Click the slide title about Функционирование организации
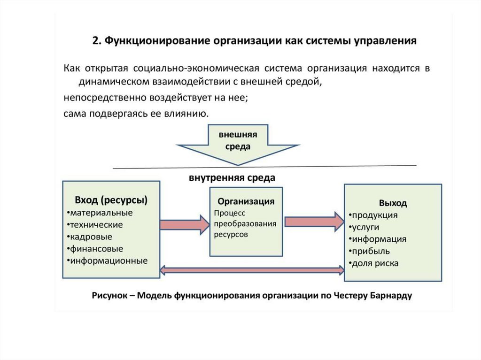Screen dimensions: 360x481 coord(254,41)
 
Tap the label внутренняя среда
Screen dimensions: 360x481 coord(232,178)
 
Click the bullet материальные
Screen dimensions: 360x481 coord(101,213)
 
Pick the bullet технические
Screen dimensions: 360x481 coord(95,225)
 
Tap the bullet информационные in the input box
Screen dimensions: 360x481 coord(108,260)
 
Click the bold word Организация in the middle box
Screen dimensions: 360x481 coord(245,201)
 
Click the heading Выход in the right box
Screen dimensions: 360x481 coord(393,204)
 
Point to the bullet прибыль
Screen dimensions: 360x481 coord(370,251)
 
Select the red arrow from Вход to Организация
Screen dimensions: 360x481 coord(184,225)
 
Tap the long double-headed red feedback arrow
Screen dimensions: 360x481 coord(252,269)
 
